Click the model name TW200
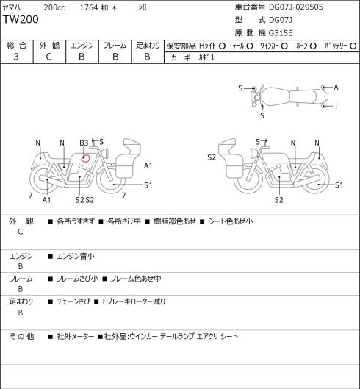coord(21,19)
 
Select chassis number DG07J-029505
coord(296,7)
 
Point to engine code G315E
coord(281,33)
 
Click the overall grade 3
coord(16,57)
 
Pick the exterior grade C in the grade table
coord(48,57)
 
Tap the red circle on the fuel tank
coord(85,158)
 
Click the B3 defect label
coord(84,143)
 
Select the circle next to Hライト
coord(222,46)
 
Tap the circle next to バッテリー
coord(353,46)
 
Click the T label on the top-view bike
coord(336,107)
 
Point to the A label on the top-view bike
coord(336,87)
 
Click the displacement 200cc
coord(54,7)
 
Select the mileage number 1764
coord(89,7)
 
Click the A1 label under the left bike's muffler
coord(46,200)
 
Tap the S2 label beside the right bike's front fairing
coord(212,157)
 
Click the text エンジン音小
coord(76,256)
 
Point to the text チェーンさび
coord(73,301)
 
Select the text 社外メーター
coord(76,337)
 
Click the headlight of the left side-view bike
coord(105,152)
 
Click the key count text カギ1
coord(206,57)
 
